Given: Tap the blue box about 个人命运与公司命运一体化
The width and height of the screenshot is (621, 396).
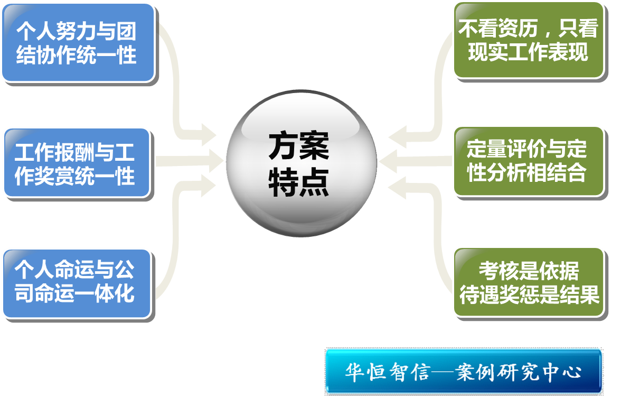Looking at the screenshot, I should [76, 283].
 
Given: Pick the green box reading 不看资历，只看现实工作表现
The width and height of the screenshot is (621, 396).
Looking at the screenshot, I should [528, 40].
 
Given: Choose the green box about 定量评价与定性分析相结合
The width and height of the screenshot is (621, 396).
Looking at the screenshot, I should [527, 161].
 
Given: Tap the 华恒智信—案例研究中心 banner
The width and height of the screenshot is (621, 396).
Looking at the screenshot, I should [463, 371].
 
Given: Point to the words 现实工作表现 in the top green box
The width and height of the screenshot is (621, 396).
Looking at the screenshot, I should [528, 52].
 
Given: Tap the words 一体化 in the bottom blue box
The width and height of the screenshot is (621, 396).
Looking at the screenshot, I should [111, 294].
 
